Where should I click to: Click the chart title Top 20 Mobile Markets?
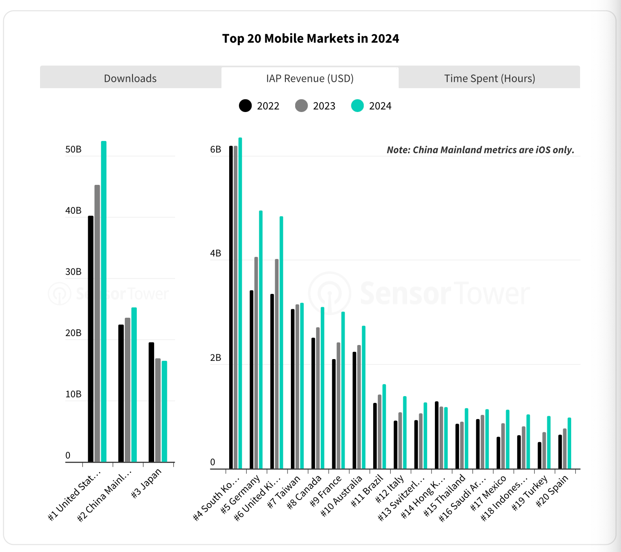click(x=310, y=39)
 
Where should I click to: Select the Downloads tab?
click(x=130, y=78)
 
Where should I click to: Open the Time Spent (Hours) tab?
click(x=489, y=78)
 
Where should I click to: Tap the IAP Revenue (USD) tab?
click(x=310, y=78)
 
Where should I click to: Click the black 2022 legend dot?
click(x=245, y=106)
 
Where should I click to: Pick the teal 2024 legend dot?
click(x=357, y=106)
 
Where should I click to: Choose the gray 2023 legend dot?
click(x=301, y=106)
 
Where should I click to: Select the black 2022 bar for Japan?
click(x=151, y=402)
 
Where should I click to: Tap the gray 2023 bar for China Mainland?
click(x=127, y=390)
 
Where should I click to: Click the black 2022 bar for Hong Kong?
click(x=437, y=435)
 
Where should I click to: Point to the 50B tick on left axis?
click(x=73, y=149)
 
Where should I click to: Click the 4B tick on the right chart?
click(x=216, y=253)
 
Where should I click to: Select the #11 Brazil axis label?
click(x=367, y=491)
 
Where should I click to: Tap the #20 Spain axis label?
click(x=552, y=491)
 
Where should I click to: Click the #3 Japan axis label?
click(x=147, y=483)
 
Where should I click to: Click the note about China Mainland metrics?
click(x=480, y=150)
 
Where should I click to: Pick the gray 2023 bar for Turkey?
click(x=544, y=451)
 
